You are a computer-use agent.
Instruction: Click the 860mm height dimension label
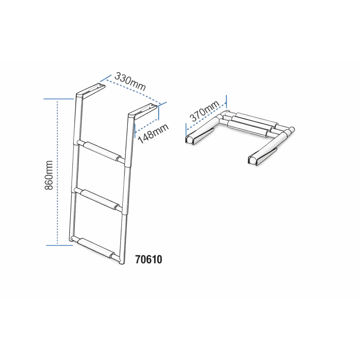coord(49,175)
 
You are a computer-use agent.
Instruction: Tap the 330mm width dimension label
coord(130,81)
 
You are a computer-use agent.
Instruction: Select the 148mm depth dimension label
coord(153,134)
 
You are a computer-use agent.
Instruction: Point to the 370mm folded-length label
coord(204,111)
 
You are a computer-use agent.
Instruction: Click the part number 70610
coord(148,260)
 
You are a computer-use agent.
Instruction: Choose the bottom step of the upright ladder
coord(96,249)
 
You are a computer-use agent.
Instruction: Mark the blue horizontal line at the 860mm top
coord(59,99)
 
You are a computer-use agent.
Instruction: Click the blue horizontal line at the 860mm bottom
coord(59,245)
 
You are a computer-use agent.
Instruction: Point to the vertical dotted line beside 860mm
coord(58,172)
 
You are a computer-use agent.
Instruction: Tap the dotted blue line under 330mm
coord(133,91)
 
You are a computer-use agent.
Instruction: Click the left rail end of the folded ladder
coord(199,136)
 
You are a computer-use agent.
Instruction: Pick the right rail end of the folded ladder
coord(262,156)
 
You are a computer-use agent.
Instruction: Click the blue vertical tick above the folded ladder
coord(226,102)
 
